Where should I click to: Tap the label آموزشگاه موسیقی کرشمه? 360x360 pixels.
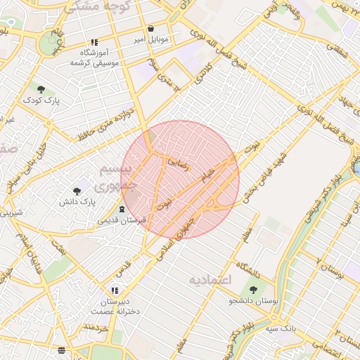click(x=95, y=58)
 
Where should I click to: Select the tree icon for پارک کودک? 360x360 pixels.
click(x=41, y=89)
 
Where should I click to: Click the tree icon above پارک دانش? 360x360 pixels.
click(x=77, y=191)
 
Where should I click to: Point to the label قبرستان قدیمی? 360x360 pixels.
click(x=122, y=220)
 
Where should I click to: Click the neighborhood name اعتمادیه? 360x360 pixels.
click(x=210, y=280)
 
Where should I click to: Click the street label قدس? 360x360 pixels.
click(x=123, y=269)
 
